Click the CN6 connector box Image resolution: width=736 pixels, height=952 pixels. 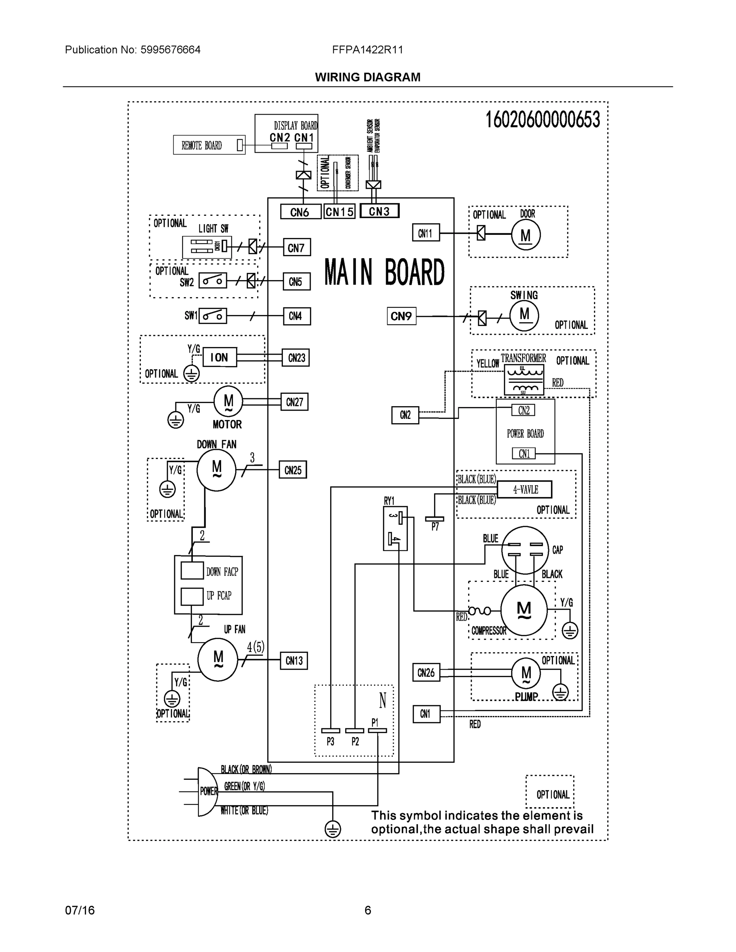(x=300, y=212)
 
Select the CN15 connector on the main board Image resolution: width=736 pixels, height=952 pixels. (x=339, y=212)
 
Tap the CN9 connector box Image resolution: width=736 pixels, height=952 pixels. (x=401, y=316)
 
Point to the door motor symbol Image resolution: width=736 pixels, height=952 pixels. (x=525, y=235)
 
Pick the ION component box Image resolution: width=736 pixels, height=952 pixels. (x=219, y=357)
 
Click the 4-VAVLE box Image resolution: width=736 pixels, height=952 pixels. (x=525, y=489)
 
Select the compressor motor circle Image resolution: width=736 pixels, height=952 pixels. (x=523, y=610)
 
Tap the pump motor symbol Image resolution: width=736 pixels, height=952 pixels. (x=526, y=673)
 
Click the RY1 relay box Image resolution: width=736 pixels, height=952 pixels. (x=395, y=528)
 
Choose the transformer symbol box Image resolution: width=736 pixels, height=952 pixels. (x=524, y=379)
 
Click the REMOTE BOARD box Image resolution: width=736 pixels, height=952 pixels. (x=209, y=145)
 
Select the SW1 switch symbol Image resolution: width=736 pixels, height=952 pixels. (x=213, y=316)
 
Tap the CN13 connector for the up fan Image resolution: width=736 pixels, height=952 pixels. (x=294, y=661)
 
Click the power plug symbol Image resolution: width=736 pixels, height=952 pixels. (x=207, y=791)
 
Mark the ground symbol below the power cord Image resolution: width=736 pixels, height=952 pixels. (x=332, y=829)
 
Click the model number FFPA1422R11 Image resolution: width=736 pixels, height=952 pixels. (x=367, y=50)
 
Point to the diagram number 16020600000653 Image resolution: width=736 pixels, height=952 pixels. (x=543, y=119)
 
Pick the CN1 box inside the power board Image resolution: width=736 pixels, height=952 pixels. (x=524, y=454)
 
